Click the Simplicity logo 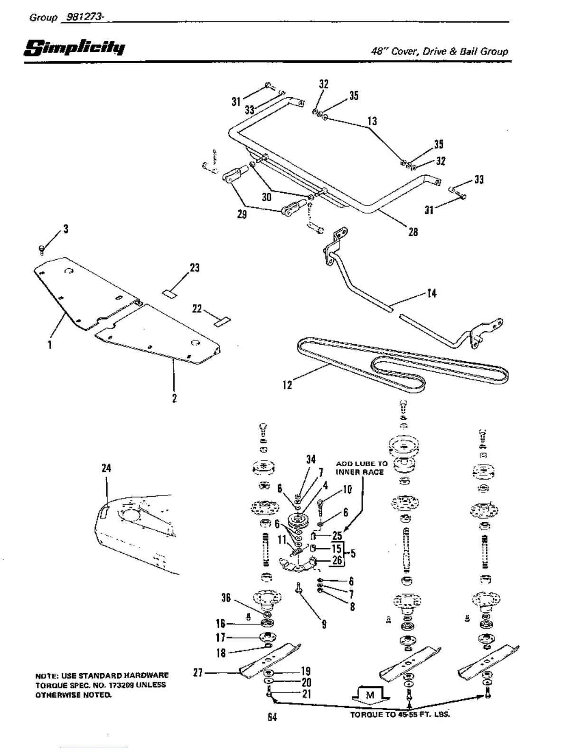pyautogui.click(x=75, y=47)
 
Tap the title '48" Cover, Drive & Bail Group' pyautogui.click(x=439, y=51)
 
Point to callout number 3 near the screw pyautogui.click(x=66, y=229)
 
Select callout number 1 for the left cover pyautogui.click(x=49, y=345)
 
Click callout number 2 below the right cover pyautogui.click(x=174, y=398)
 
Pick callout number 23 pyautogui.click(x=195, y=268)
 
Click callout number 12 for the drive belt pyautogui.click(x=287, y=385)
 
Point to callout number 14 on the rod pyautogui.click(x=432, y=293)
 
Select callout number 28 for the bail pyautogui.click(x=413, y=232)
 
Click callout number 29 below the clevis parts pyautogui.click(x=242, y=215)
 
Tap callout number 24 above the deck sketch pyautogui.click(x=106, y=468)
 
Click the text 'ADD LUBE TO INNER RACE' pyautogui.click(x=362, y=468)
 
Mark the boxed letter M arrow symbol pyautogui.click(x=370, y=696)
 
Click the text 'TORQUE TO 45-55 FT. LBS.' pyautogui.click(x=399, y=714)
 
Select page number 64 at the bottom pyautogui.click(x=272, y=717)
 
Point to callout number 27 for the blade pyautogui.click(x=198, y=672)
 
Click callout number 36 pyautogui.click(x=226, y=598)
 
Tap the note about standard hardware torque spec pyautogui.click(x=102, y=685)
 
